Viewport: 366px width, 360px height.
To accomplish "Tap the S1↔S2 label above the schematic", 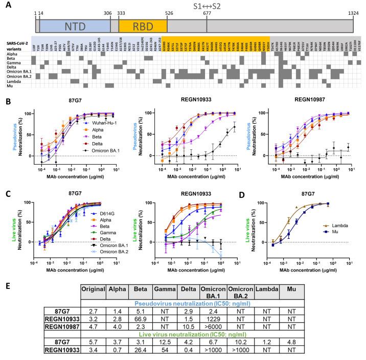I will [x=207, y=6].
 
